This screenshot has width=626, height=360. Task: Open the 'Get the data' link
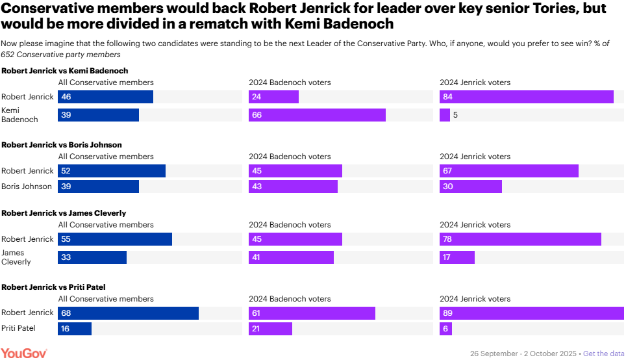[604, 354]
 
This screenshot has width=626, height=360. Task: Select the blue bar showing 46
[105, 97]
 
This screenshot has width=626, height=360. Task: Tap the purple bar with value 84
[527, 97]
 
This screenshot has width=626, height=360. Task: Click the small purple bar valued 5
[445, 115]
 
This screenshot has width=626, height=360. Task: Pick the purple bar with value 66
[317, 115]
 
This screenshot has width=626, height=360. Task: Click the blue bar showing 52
[112, 171]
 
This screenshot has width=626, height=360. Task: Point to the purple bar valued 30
[471, 186]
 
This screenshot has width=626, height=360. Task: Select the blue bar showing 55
[115, 239]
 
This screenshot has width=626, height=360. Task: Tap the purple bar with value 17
[457, 257]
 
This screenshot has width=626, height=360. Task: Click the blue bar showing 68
[128, 313]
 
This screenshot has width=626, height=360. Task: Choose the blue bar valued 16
[75, 329]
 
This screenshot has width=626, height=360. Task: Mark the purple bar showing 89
[532, 313]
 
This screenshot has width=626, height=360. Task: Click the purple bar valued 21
[270, 329]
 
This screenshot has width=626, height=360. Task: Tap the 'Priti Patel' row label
[18, 329]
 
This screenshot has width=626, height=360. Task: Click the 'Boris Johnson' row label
[27, 186]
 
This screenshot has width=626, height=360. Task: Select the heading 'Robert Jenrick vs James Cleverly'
[64, 213]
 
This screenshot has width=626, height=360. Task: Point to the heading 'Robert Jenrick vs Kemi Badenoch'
[65, 71]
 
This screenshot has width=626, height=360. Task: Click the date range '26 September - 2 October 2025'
[523, 354]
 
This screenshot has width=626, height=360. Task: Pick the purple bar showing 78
[520, 239]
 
